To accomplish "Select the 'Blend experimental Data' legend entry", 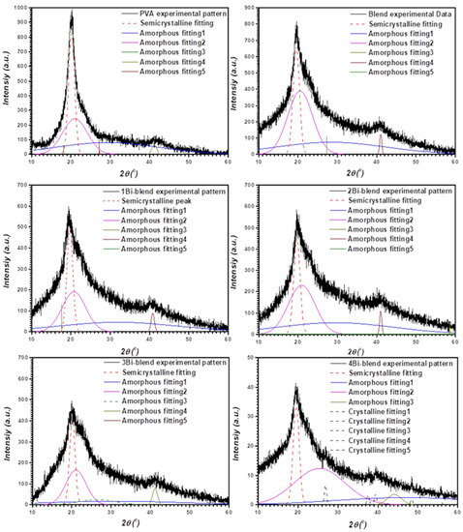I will [x=406, y=15].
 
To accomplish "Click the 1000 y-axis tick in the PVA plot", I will [x=20, y=9].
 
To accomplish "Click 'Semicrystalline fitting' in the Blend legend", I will [x=401, y=25].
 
